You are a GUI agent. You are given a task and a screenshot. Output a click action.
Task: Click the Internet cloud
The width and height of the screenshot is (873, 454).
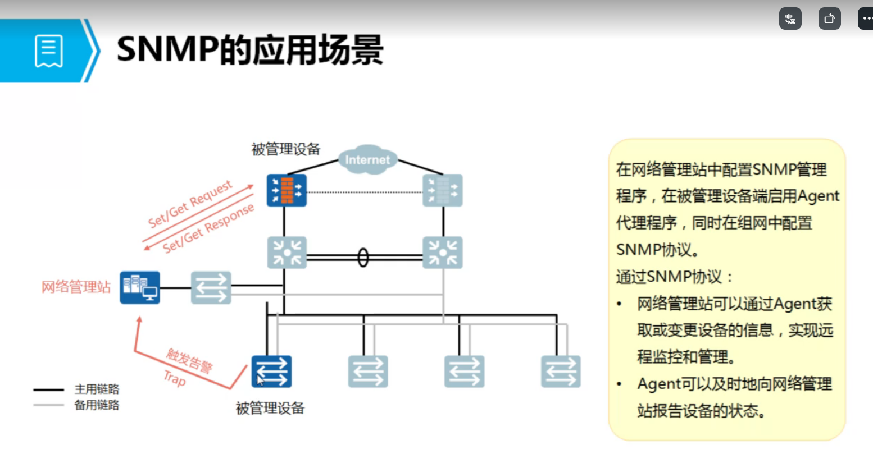point(367,160)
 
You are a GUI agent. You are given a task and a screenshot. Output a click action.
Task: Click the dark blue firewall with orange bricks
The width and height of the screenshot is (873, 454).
point(287,190)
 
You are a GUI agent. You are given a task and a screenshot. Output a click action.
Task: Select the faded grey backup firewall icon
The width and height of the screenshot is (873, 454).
point(443,190)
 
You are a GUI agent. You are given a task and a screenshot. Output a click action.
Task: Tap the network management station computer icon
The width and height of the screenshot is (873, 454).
point(140,287)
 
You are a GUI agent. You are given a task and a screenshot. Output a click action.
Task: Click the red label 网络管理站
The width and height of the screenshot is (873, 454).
point(76,287)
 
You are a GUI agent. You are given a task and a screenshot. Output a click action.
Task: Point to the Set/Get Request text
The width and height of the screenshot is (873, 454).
point(190,204)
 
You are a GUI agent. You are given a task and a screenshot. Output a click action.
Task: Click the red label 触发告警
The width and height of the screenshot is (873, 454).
point(190,360)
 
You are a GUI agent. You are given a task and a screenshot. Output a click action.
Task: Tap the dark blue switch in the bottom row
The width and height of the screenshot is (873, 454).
point(271,372)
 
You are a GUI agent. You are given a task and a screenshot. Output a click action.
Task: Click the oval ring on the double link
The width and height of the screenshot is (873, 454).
point(363,258)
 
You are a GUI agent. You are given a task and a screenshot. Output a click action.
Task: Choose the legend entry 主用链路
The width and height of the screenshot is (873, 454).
point(97,389)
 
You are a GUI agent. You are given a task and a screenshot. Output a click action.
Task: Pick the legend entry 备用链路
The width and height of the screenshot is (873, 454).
point(97,405)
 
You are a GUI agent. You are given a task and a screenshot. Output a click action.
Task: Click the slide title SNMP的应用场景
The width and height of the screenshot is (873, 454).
point(250,50)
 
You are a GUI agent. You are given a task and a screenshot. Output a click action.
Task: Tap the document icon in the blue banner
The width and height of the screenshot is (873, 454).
point(49,51)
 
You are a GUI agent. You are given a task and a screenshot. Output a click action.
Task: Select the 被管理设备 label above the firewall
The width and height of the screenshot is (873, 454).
point(286,149)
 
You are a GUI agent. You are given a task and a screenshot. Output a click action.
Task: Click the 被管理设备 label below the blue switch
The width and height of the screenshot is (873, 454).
point(270,408)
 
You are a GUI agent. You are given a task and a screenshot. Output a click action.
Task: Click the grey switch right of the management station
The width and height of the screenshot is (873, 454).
point(211,287)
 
